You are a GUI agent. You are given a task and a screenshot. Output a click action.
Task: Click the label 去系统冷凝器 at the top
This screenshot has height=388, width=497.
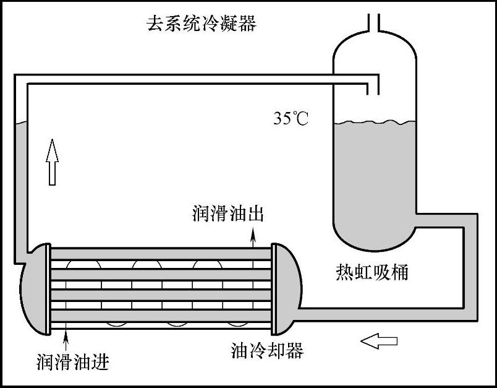(x=201, y=25)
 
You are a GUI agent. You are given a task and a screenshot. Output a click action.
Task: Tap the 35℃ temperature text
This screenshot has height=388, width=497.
(x=291, y=118)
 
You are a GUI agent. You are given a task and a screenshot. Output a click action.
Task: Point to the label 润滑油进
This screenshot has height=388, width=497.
(x=72, y=360)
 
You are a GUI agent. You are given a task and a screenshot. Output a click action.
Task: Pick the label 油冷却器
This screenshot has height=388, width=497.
(x=267, y=351)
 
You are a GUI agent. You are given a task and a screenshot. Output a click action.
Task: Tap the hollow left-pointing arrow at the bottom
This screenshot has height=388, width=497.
(x=378, y=340)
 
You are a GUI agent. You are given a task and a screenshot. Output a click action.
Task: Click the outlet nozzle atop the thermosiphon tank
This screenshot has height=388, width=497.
(x=374, y=22)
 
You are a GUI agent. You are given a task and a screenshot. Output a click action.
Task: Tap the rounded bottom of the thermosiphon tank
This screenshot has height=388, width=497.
(x=375, y=238)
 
